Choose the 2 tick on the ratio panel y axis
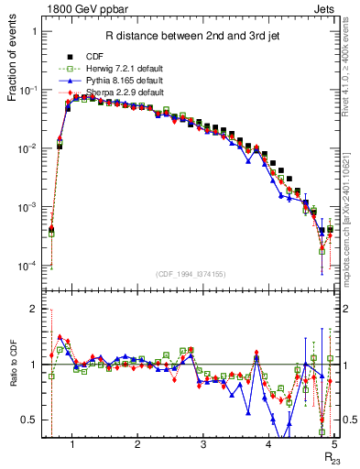pos(35,310)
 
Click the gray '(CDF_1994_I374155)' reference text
pos(191,274)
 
